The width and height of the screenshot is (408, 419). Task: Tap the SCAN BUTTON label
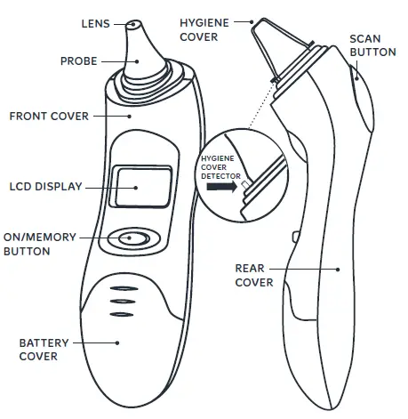[365, 46]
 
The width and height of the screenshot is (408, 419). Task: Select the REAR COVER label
[253, 274]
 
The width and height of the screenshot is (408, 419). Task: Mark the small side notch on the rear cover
[293, 235]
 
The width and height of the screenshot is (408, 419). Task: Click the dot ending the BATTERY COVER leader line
[116, 340]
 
